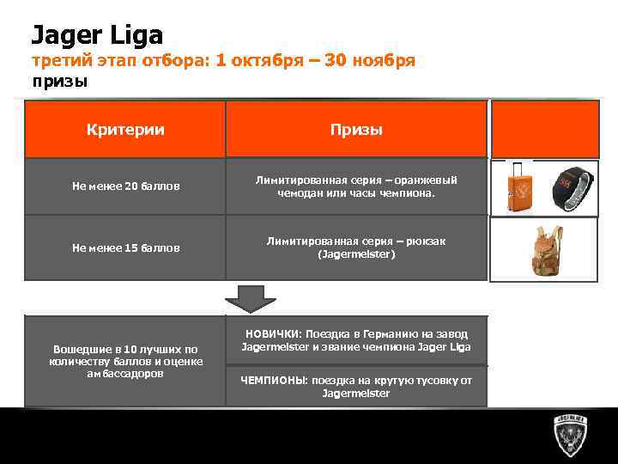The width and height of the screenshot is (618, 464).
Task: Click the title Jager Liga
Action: point(97,34)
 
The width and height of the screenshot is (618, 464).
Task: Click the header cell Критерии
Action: point(125,129)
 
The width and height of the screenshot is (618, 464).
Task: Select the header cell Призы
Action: point(356,129)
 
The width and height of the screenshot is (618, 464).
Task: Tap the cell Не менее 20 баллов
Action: point(125,186)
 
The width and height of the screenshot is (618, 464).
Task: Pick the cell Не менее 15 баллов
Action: point(125,247)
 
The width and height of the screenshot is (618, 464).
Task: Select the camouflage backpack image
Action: point(542,249)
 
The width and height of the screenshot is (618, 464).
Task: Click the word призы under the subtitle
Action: point(60,82)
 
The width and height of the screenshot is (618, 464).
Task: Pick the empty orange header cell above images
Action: point(543,129)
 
